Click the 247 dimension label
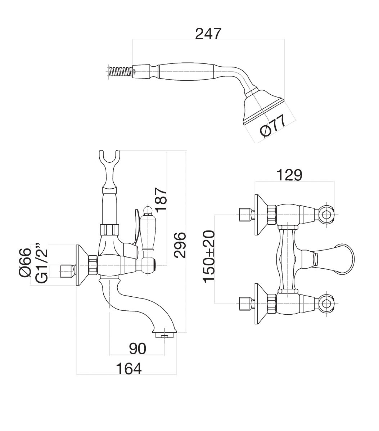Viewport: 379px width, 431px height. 208,34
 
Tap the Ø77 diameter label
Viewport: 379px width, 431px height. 273,126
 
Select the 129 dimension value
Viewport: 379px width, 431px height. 289,175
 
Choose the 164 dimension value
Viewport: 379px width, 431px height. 128,368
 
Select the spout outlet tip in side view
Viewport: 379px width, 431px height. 164,335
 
